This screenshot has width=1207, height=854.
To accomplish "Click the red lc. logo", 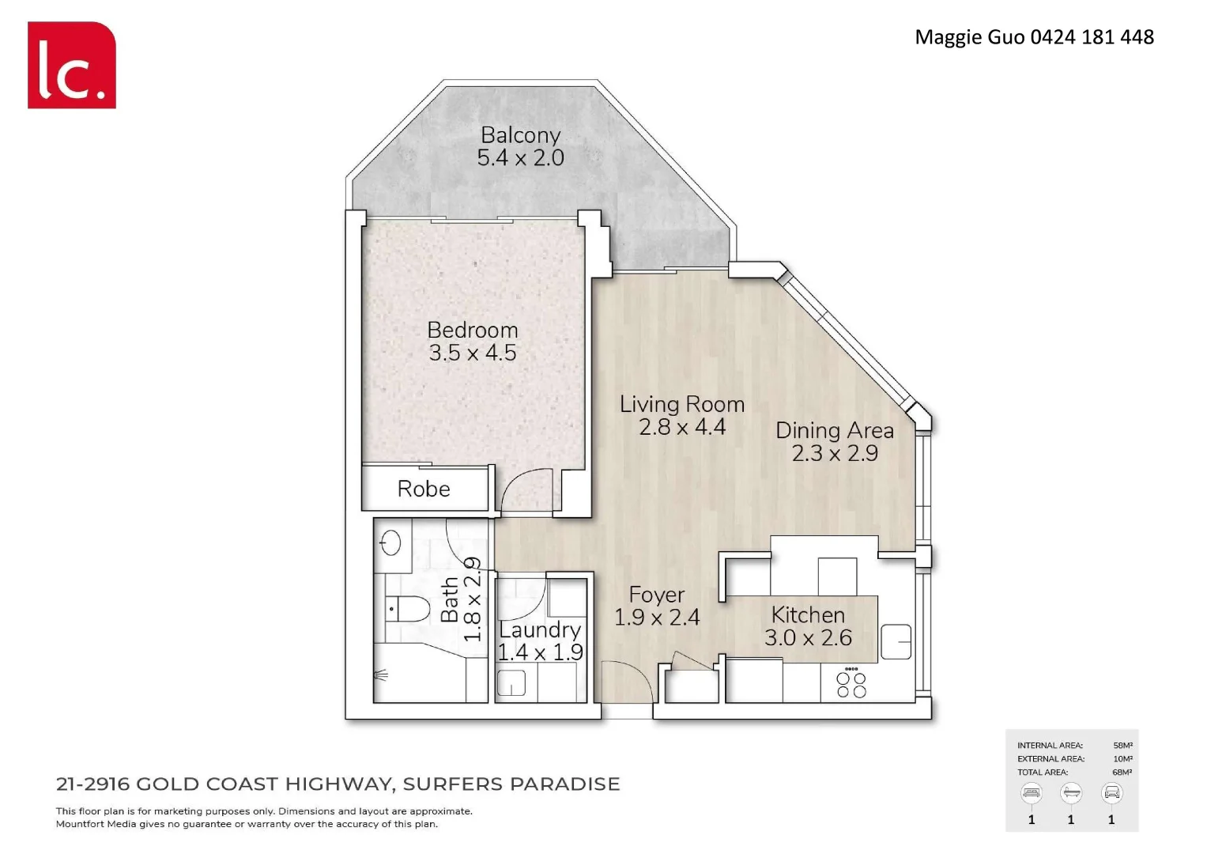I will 72,65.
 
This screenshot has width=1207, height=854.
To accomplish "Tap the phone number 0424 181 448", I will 1092,37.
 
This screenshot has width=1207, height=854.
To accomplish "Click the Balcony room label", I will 520,135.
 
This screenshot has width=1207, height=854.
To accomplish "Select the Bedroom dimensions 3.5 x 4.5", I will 473,353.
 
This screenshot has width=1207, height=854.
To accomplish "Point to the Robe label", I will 424,489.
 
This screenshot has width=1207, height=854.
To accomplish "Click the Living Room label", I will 681,404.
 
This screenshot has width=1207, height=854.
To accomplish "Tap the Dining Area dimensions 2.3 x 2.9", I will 835,453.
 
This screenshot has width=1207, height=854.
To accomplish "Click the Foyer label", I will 657,595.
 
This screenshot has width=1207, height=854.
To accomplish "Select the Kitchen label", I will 808,615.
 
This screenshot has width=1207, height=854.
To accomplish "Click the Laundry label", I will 540,630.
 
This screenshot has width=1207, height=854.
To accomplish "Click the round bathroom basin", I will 390,543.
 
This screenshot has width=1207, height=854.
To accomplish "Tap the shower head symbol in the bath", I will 381,675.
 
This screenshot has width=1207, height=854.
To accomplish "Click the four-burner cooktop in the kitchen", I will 851,685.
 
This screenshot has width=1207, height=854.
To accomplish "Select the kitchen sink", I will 896,642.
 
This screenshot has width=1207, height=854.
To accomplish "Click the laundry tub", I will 511,683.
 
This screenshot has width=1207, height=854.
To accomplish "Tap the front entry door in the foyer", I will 626,682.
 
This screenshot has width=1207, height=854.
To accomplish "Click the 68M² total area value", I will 1122,773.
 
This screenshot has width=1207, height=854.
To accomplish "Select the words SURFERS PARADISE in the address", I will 511,784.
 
